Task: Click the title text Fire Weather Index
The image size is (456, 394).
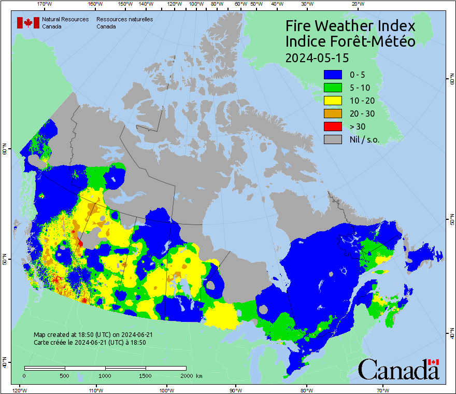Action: tap(350, 26)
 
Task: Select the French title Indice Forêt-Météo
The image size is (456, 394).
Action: tap(350, 41)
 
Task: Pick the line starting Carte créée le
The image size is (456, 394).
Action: tap(89, 342)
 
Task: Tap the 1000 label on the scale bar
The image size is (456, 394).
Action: tap(105, 375)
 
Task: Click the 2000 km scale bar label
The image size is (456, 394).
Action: tap(191, 375)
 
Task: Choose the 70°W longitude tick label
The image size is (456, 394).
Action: tap(383, 389)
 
